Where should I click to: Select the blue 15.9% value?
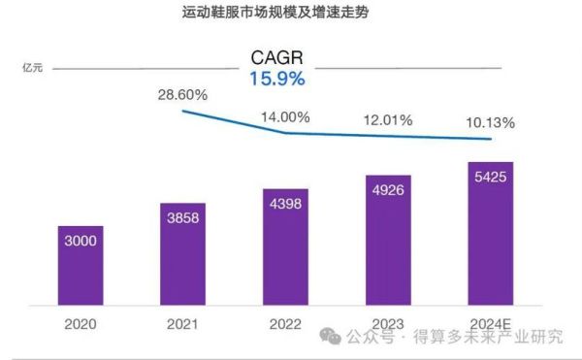tap(277, 78)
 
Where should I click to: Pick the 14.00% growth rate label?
tap(284, 116)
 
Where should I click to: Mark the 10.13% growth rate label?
tap(489, 123)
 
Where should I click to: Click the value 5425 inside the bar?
tap(490, 178)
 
